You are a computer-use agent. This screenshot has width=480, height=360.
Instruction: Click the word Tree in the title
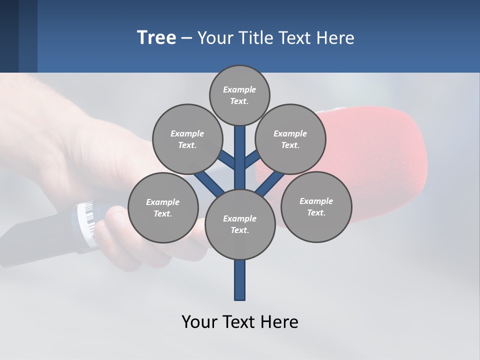pyautogui.click(x=156, y=37)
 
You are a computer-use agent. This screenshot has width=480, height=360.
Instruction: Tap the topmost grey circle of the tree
pyautogui.click(x=239, y=95)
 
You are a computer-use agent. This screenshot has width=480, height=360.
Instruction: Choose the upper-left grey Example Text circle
pyautogui.click(x=187, y=139)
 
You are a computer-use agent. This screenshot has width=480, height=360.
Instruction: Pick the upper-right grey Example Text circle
pyautogui.click(x=290, y=139)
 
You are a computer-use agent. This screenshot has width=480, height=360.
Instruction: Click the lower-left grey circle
pyautogui.click(x=163, y=207)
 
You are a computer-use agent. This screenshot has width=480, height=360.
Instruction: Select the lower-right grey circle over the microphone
pyautogui.click(x=316, y=206)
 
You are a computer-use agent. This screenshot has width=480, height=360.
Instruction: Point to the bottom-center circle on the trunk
pyautogui.click(x=240, y=224)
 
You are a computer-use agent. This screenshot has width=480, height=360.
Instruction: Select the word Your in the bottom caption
pyautogui.click(x=199, y=322)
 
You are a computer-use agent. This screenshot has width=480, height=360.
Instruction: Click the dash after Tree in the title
pyautogui.click(x=187, y=38)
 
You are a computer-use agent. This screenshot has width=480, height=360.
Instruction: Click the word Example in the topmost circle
pyautogui.click(x=239, y=89)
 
